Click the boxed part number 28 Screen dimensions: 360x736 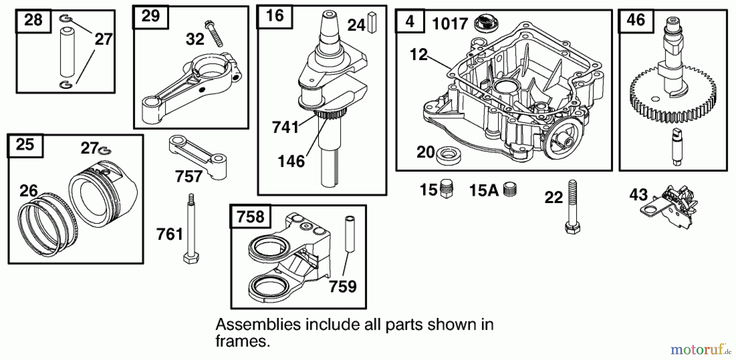tap(33, 20)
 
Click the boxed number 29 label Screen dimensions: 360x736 tap(150, 16)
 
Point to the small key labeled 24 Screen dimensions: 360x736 tap(372, 23)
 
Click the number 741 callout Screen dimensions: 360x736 tap(285, 127)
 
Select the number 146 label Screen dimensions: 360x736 tap(291, 161)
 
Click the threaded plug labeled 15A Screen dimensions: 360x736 tap(510, 190)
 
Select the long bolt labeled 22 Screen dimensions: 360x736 tap(572, 207)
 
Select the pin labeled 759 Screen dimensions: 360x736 tap(350, 233)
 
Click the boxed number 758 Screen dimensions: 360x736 tap(250, 216)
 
